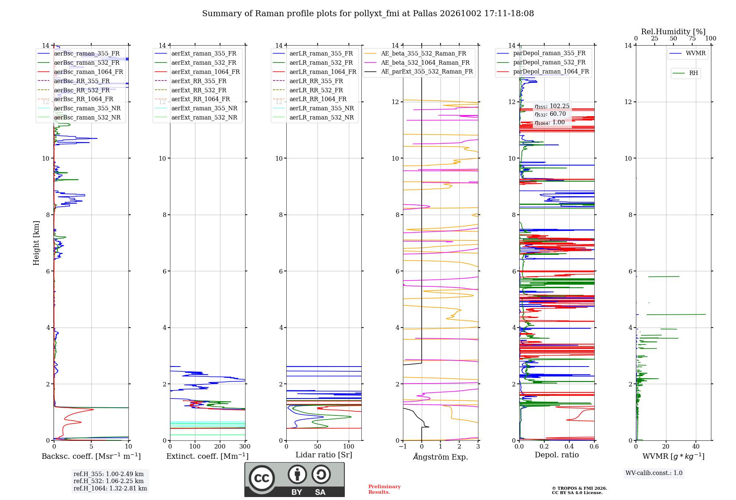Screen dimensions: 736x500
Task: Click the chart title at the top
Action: pos(368,14)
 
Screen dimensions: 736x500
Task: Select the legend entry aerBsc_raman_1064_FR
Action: pos(80,72)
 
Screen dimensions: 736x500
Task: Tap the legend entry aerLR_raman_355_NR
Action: pos(313,108)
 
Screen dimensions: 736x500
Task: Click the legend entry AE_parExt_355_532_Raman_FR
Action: pos(419,71)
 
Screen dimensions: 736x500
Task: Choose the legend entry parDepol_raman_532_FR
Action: pos(541,63)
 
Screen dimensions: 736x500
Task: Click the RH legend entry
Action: pos(685,73)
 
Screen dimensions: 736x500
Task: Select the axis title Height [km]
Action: pos(36,243)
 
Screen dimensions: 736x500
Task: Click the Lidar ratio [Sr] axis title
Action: pos(324,455)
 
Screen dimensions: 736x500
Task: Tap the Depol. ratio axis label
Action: pos(557,455)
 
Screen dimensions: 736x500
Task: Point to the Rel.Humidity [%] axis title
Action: pos(673,32)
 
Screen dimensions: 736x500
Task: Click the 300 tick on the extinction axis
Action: pos(245,446)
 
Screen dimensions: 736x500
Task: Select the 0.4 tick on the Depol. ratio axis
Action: pos(569,446)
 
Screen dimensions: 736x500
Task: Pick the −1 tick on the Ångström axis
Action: pos(403,446)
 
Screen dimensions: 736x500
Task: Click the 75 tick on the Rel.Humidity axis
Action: pos(692,38)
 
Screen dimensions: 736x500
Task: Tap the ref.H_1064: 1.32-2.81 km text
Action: pos(110,488)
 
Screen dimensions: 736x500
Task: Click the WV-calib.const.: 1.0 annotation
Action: pos(654,473)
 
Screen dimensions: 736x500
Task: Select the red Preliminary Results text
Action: pos(385,489)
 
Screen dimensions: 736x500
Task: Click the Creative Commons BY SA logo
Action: pos(295,480)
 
